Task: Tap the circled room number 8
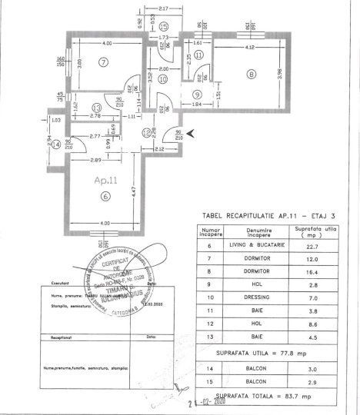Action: pyautogui.click(x=251, y=75)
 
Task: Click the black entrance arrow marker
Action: pyautogui.click(x=192, y=132)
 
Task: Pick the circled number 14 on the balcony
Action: pyautogui.click(x=55, y=144)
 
